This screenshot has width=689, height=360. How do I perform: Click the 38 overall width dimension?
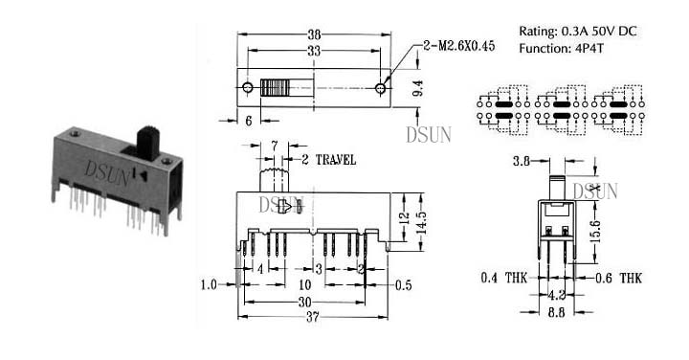tap(314, 34)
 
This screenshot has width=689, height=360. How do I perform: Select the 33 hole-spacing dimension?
tap(314, 52)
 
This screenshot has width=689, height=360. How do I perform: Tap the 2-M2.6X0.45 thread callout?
tap(458, 46)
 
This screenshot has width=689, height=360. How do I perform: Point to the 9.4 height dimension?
tap(419, 88)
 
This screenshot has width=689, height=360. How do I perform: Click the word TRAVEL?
tap(336, 160)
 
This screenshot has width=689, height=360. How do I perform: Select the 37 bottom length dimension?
tap(312, 317)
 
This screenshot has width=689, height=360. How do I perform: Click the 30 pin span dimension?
tap(304, 302)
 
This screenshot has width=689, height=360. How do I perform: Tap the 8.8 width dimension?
tap(556, 312)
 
